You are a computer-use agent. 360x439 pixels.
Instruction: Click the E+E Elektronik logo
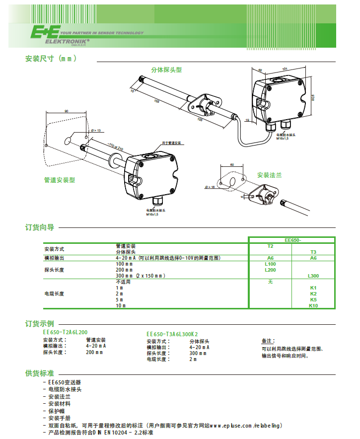click(60, 35)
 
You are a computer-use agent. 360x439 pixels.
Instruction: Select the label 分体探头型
click(166, 70)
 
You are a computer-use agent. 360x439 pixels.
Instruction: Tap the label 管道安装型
click(60, 180)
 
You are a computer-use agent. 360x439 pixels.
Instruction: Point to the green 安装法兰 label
click(269, 175)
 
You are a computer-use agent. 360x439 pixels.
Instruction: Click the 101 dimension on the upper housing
click(285, 69)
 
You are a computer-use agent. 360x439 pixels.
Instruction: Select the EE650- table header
click(292, 240)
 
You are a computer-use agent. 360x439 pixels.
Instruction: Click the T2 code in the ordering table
click(271, 246)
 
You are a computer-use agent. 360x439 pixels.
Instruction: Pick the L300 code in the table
click(313, 276)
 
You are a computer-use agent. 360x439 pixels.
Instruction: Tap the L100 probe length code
click(271, 264)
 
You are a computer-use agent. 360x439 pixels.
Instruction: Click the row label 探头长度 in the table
click(54, 270)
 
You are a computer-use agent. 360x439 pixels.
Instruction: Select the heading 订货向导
click(40, 227)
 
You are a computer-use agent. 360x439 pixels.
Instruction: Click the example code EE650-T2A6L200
click(65, 332)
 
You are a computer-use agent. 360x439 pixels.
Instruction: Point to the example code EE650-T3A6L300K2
click(175, 335)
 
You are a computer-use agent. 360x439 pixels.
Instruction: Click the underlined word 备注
click(267, 341)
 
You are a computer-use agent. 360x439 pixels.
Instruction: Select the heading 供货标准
click(40, 372)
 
